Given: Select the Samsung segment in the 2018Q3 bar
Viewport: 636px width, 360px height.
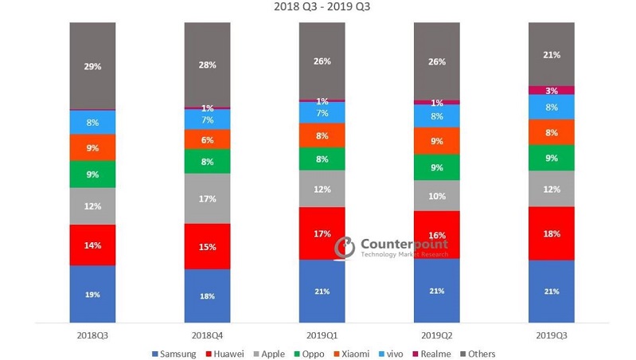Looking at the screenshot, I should click(x=92, y=294).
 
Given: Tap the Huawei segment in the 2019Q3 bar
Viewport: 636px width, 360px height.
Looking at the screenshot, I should click(x=552, y=233).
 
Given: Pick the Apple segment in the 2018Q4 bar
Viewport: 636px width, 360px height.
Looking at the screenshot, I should click(x=207, y=198).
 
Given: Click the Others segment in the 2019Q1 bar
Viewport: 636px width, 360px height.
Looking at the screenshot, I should click(x=322, y=61).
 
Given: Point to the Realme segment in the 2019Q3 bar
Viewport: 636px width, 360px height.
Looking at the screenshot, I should click(x=552, y=91).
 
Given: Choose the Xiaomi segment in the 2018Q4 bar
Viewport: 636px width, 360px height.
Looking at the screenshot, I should click(x=207, y=139).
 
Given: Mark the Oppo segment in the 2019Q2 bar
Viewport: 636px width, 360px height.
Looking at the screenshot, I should click(x=436, y=167).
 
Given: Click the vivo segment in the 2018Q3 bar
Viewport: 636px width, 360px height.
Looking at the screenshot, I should click(x=92, y=123).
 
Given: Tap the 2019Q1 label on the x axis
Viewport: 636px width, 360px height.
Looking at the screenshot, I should click(x=322, y=335).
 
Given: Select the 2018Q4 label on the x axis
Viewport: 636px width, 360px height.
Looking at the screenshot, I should click(x=207, y=335).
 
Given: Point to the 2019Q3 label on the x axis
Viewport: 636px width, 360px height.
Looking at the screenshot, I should click(x=552, y=335).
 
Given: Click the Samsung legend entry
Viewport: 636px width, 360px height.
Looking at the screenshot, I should click(x=176, y=353).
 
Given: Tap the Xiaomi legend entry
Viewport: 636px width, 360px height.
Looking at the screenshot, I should click(x=350, y=353).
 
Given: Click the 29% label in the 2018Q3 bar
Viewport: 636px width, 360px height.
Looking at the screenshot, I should click(x=92, y=66).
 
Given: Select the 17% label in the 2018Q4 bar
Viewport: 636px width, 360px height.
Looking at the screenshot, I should click(x=207, y=198).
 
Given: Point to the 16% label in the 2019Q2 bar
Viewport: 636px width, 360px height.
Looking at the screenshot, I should click(x=436, y=235).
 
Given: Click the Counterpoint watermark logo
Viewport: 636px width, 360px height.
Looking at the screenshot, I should click(x=344, y=247).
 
